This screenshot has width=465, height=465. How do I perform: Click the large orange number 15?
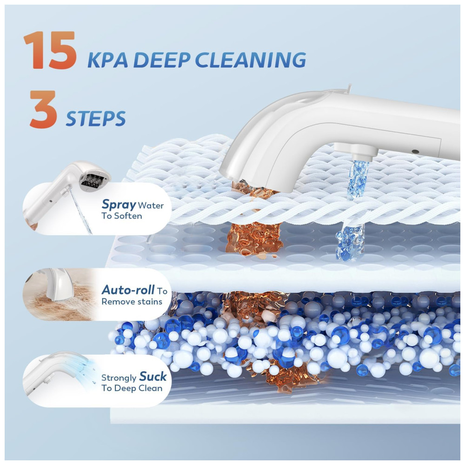(x=50, y=50)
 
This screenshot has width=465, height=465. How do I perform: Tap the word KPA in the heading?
(x=108, y=60)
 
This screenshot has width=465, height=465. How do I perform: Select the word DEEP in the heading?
(x=162, y=60)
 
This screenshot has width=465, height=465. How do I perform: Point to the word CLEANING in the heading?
(x=250, y=60)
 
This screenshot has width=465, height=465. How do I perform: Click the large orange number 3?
(x=43, y=109)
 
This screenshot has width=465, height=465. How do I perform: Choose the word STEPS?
(x=95, y=119)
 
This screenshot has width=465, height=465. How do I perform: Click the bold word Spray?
(x=119, y=205)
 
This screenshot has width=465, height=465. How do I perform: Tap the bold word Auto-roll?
(x=128, y=290)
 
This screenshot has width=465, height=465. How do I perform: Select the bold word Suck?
(x=153, y=376)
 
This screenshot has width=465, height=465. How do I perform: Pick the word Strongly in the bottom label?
(x=119, y=378)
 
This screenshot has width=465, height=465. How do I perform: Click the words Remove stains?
(x=132, y=302)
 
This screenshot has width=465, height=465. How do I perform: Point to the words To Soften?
(x=121, y=216)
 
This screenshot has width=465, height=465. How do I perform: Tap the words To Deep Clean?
(x=132, y=388)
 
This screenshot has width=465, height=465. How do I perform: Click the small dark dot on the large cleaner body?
(x=415, y=152)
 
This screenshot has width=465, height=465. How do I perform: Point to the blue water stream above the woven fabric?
(x=357, y=179)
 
